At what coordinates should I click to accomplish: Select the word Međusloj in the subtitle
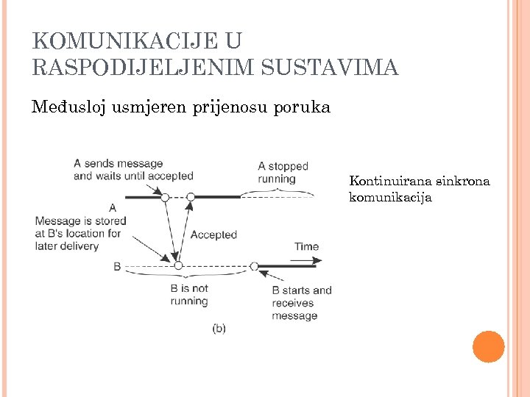pos(68,107)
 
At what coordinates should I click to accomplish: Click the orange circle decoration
pos(488,346)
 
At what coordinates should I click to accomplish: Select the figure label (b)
pos(219,329)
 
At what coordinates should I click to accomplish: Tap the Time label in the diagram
pos(307,246)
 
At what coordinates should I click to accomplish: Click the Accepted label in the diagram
pos(213,235)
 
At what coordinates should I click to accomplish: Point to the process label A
pos(112,208)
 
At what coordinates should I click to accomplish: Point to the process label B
pos(117,266)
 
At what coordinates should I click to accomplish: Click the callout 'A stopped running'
pos(283,172)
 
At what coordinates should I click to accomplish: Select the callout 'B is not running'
pos(189,294)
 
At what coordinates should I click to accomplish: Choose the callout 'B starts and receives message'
pos(301,303)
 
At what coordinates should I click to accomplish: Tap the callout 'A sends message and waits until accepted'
pos(132,169)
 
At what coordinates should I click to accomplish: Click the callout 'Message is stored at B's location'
pos(77,233)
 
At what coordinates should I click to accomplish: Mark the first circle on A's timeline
pos(165,197)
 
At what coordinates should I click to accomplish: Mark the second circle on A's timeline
pos(191,197)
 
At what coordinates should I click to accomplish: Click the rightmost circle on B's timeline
pos(254,266)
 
